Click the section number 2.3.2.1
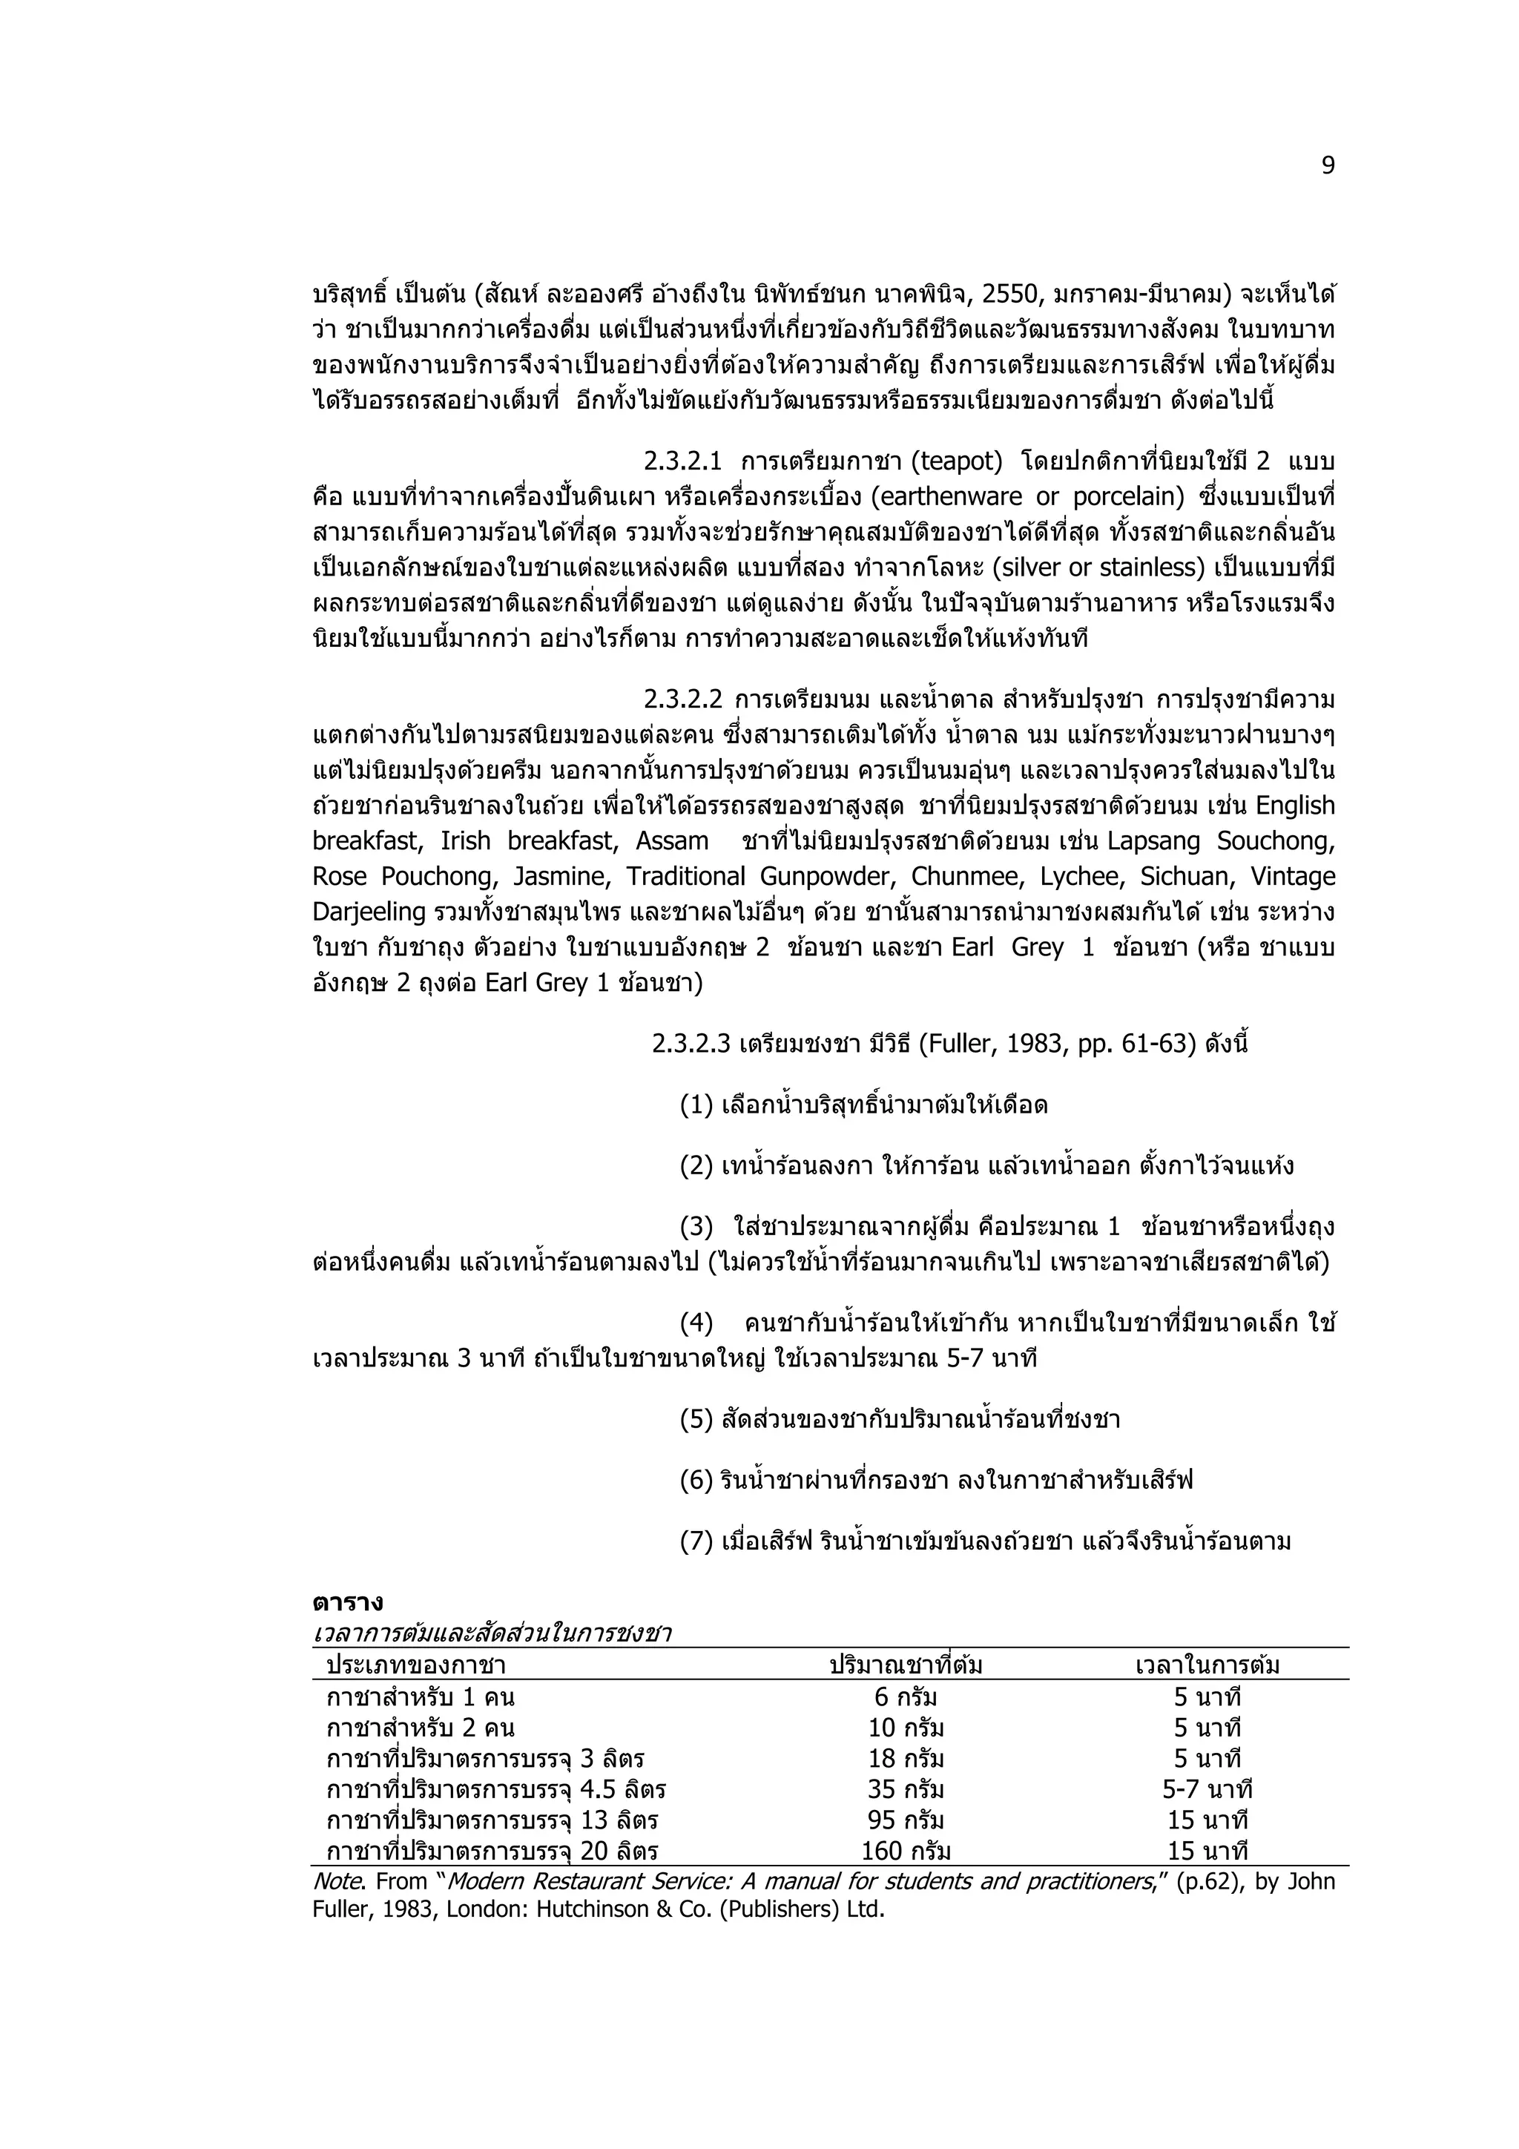click(x=682, y=461)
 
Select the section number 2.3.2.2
click(x=682, y=700)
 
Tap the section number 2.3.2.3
click(x=691, y=1044)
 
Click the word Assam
click(x=672, y=841)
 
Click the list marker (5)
click(x=696, y=1420)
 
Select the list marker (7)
click(x=696, y=1541)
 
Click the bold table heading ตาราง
click(x=347, y=1603)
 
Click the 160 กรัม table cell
click(x=905, y=1852)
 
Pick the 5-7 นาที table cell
click(x=1207, y=1789)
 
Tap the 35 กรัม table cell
click(x=905, y=1789)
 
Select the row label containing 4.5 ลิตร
click(x=495, y=1789)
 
